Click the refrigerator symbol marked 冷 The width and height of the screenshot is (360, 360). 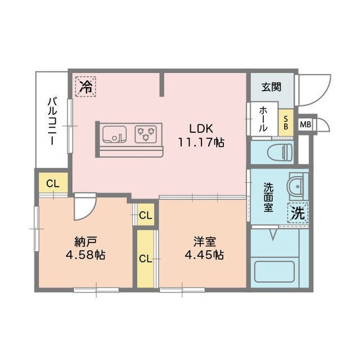click(85, 87)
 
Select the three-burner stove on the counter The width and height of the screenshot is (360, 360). click(147, 134)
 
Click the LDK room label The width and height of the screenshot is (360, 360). click(201, 127)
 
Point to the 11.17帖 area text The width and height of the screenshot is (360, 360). click(201, 142)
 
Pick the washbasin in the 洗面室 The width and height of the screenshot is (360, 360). click(296, 185)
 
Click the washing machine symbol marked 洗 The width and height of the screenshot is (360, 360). click(298, 213)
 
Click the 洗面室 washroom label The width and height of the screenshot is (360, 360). click(269, 197)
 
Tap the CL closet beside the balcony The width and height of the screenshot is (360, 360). click(53, 182)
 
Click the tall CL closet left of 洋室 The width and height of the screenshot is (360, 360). click(145, 258)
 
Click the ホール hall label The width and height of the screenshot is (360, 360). click(263, 119)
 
